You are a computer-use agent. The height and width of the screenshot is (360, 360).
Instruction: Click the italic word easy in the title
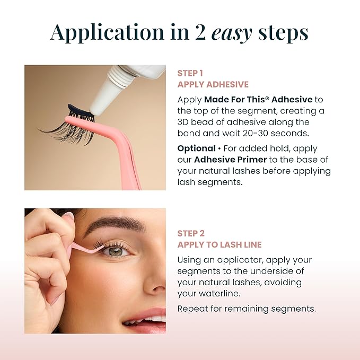(231, 32)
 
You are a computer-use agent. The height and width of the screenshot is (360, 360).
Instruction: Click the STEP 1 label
(190, 73)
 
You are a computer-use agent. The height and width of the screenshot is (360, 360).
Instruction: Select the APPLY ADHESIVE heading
(213, 84)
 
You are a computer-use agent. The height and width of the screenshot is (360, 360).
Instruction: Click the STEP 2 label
(191, 233)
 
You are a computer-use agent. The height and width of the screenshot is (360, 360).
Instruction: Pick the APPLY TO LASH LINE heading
(219, 244)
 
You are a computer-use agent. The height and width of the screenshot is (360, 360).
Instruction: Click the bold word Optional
(196, 148)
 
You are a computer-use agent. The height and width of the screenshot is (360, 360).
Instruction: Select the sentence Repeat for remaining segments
(247, 308)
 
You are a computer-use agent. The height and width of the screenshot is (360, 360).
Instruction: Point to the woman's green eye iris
(116, 251)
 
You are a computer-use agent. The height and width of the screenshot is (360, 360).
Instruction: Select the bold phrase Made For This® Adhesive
(258, 99)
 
